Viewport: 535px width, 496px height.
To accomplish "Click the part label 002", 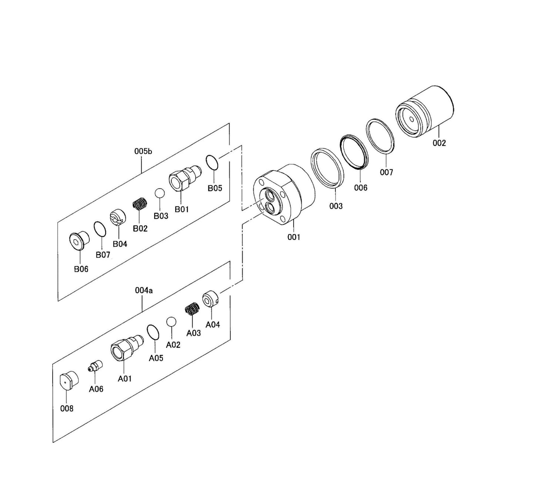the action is point(439,143).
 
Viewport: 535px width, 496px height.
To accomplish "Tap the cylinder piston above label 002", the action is point(425,111).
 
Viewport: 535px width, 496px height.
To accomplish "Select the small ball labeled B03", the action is point(160,193).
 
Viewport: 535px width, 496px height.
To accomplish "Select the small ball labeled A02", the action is point(171,322).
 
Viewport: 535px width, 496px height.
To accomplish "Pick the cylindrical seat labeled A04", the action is point(211,299).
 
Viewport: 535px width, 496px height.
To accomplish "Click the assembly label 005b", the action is point(143,151).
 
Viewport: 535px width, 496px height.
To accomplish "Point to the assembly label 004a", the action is point(144,291).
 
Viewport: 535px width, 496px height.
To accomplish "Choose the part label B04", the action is point(120,244).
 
